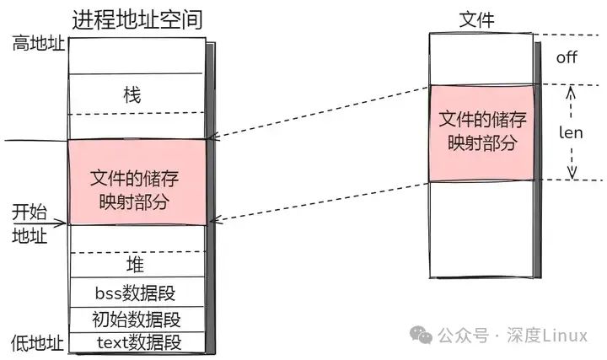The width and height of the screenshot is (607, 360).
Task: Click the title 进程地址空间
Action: [137, 18]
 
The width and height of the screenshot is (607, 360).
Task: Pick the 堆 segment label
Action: [135, 265]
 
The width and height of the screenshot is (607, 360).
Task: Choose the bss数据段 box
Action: [136, 293]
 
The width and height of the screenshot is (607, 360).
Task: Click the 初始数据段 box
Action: [136, 320]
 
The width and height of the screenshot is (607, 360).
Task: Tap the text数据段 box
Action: [136, 342]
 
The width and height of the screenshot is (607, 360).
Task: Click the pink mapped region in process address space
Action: [136, 182]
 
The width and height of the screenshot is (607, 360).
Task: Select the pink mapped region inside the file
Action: [481, 132]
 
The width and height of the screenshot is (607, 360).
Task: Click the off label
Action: [567, 57]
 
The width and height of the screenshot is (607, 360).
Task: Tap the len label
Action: [572, 132]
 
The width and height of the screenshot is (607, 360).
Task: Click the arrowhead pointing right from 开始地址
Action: [62, 224]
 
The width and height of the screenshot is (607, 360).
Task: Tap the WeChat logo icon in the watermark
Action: [422, 336]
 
